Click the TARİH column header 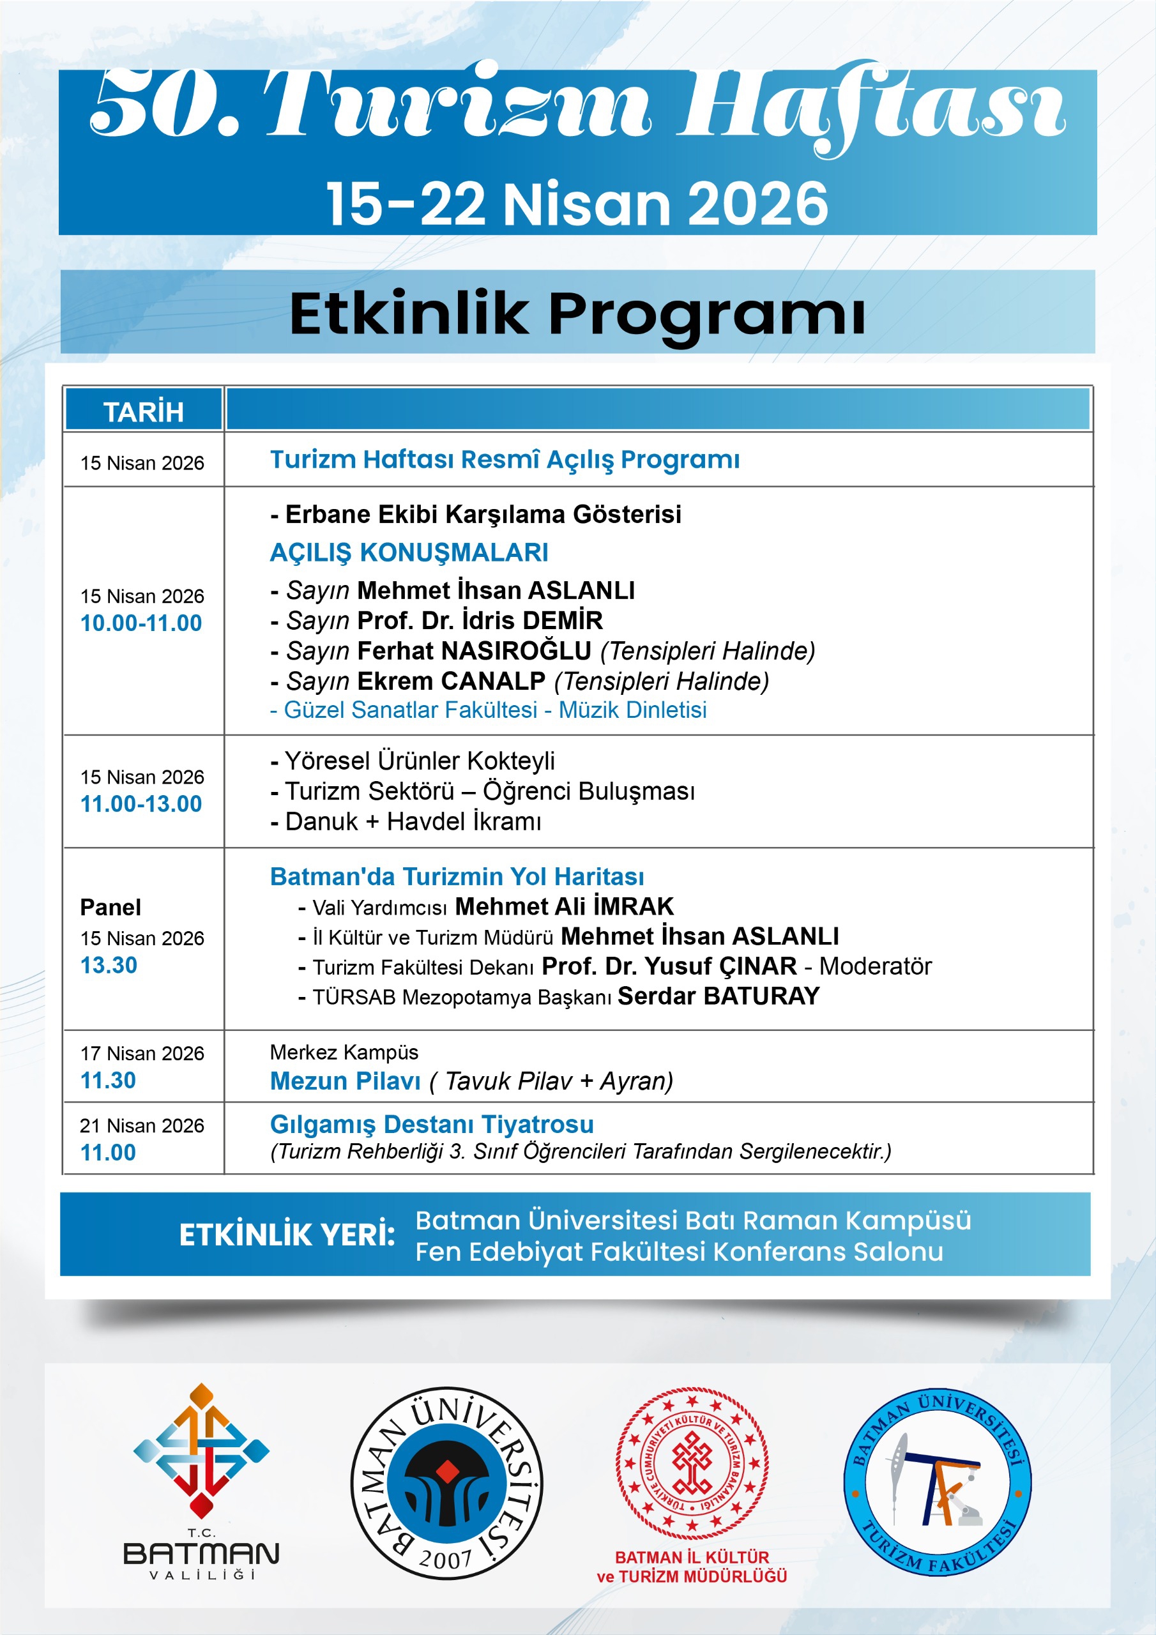point(143,411)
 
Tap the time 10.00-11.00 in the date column point(141,623)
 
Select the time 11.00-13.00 point(141,804)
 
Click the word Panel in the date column point(110,907)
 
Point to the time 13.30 point(109,966)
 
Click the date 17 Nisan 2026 point(142,1053)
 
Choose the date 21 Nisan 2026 point(142,1126)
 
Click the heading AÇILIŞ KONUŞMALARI point(409,552)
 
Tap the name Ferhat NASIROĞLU point(474,651)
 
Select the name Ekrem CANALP point(451,681)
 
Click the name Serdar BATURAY point(718,996)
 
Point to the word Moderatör point(876,966)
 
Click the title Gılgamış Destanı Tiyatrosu point(432,1125)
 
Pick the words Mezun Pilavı point(346,1081)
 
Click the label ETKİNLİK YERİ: point(287,1235)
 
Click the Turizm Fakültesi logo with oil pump point(938,1482)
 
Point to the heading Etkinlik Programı point(577,314)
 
